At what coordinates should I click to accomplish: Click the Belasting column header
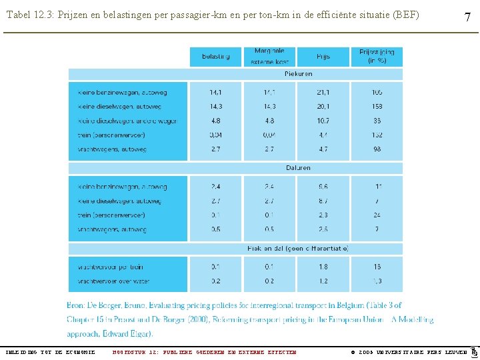tap(216, 57)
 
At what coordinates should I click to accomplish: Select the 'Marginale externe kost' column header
tap(269, 57)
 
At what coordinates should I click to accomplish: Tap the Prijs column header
tap(323, 57)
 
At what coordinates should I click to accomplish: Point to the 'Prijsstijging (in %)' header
tap(377, 57)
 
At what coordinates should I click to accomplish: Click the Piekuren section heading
tap(298, 74)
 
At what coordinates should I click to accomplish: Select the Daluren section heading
tap(298, 168)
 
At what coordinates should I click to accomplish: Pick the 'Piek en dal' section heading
tap(298, 248)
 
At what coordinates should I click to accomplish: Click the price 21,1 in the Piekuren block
tap(323, 93)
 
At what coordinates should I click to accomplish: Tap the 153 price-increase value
tap(377, 107)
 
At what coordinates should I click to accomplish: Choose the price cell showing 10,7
tap(323, 121)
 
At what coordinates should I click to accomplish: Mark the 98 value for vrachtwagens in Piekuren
tap(377, 149)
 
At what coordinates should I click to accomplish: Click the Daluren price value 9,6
tap(323, 187)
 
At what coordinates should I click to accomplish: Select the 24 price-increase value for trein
tap(377, 215)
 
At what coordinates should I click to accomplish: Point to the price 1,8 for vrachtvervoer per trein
tap(323, 267)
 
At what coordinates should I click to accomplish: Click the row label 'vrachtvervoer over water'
tap(113, 281)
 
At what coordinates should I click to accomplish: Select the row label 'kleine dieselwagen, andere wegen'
tap(127, 121)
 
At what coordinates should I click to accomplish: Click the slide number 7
tap(467, 17)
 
